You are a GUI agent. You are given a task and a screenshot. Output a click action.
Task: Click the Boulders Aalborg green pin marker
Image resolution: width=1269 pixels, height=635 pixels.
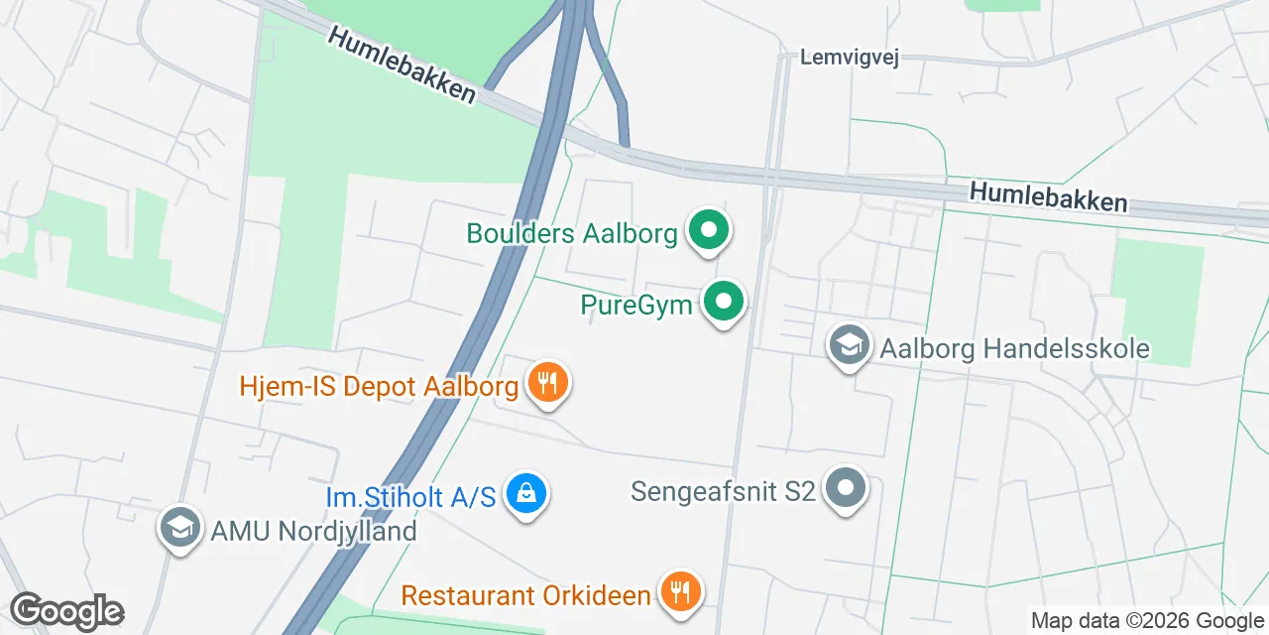coord(708,232)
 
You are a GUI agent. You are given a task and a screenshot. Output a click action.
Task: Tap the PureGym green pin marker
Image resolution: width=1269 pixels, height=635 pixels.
coord(724,303)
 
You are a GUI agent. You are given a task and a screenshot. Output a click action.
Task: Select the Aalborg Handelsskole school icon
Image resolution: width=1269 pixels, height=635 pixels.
coord(849,347)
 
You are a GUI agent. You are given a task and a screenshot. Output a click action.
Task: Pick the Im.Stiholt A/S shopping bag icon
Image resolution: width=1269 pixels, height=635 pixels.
coord(525,494)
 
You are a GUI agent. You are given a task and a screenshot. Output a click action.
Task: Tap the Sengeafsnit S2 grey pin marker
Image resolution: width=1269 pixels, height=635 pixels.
coord(846,489)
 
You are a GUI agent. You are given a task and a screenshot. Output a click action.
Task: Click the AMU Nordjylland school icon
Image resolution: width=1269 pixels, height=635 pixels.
coord(179,529)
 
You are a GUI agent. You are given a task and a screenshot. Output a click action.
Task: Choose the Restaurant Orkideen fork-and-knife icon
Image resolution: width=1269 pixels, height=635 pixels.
coord(679,593)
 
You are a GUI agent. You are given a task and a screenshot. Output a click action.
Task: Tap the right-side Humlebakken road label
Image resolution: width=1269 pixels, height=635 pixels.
coord(1049,196)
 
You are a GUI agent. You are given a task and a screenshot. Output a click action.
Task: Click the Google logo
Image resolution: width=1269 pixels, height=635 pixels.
coord(66,612)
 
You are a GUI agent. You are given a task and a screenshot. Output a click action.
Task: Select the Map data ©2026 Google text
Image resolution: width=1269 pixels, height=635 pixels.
coord(1147,621)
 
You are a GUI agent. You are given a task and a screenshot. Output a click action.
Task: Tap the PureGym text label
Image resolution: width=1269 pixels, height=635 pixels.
coord(636,304)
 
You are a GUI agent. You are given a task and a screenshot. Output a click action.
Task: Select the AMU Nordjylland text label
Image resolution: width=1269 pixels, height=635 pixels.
coord(313,531)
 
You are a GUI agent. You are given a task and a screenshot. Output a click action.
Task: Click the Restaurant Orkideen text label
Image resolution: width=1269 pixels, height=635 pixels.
coord(525,595)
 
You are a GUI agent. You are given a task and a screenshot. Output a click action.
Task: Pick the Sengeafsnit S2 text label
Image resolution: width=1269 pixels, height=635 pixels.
coord(723,490)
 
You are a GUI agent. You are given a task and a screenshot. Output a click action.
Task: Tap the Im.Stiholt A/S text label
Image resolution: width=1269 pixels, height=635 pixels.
coord(410,496)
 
